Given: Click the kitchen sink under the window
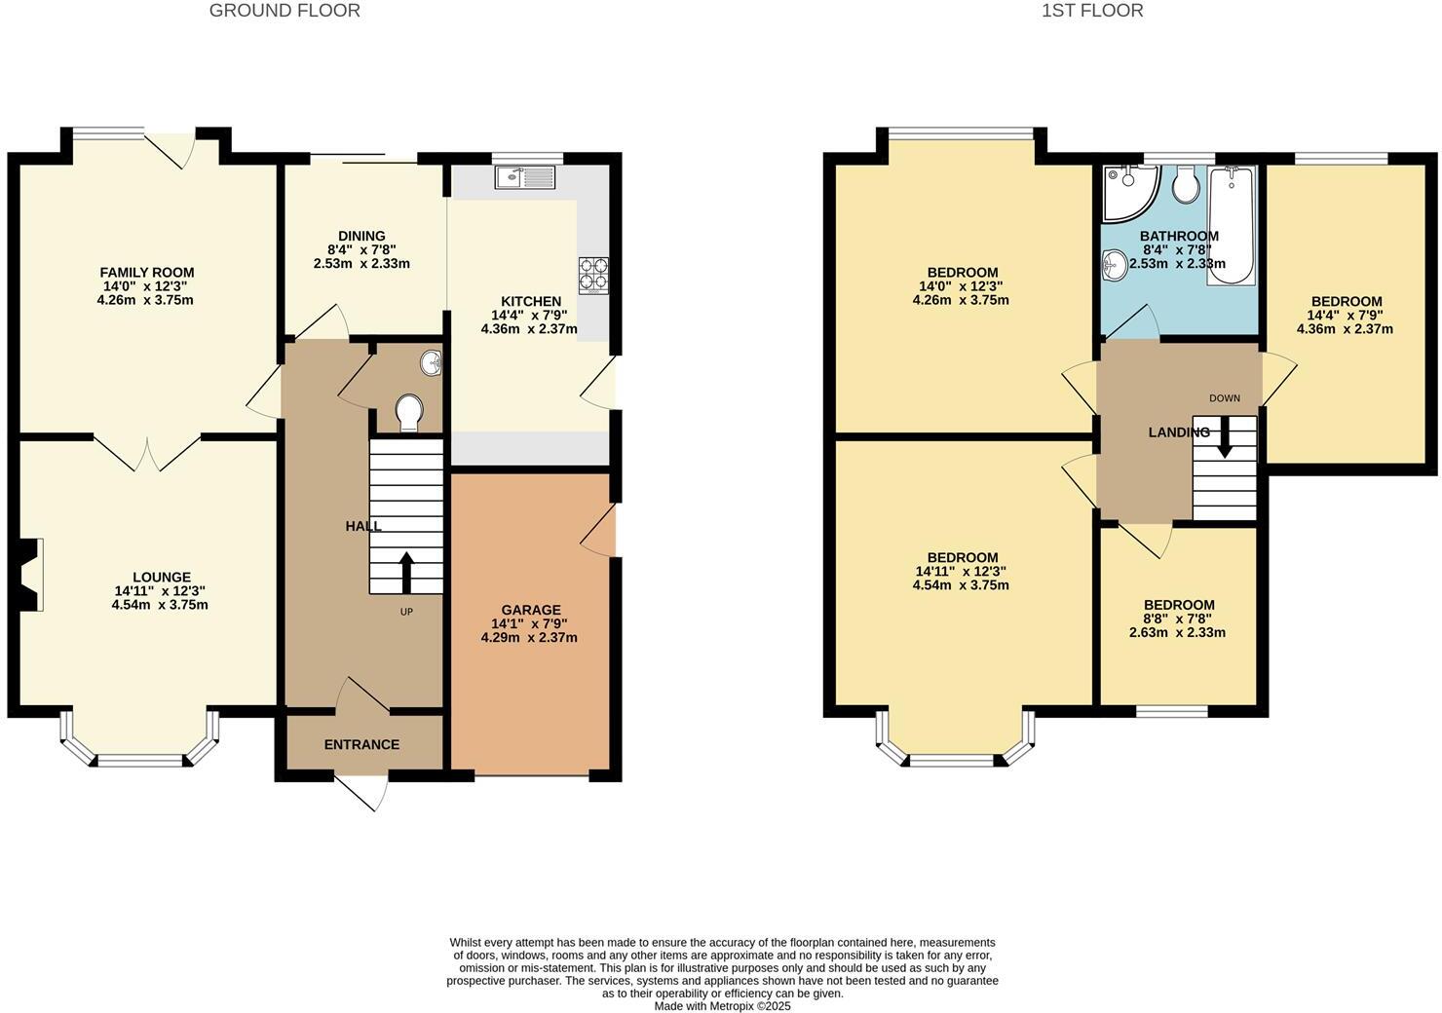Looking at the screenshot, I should [x=524, y=177].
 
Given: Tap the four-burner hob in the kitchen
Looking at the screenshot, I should [x=593, y=274].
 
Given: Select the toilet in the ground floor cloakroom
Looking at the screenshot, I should [x=410, y=412].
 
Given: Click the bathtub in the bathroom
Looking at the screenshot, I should [x=1232, y=225].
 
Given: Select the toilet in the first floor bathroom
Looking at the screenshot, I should [x=1186, y=184].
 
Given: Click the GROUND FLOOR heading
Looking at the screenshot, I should [x=285, y=11].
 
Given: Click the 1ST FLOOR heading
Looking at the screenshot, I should [x=1092, y=11].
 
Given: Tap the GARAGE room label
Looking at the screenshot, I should [x=532, y=610].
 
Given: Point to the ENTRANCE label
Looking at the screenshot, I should [x=361, y=744].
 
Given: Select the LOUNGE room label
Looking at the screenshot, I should [x=162, y=577].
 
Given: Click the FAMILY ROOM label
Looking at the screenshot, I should [x=146, y=273].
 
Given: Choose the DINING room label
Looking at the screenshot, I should [x=361, y=236].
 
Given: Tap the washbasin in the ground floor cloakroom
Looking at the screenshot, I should [x=431, y=363].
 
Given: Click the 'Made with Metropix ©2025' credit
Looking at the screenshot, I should [x=722, y=1006].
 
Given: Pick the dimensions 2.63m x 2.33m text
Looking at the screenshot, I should [x=1177, y=632].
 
